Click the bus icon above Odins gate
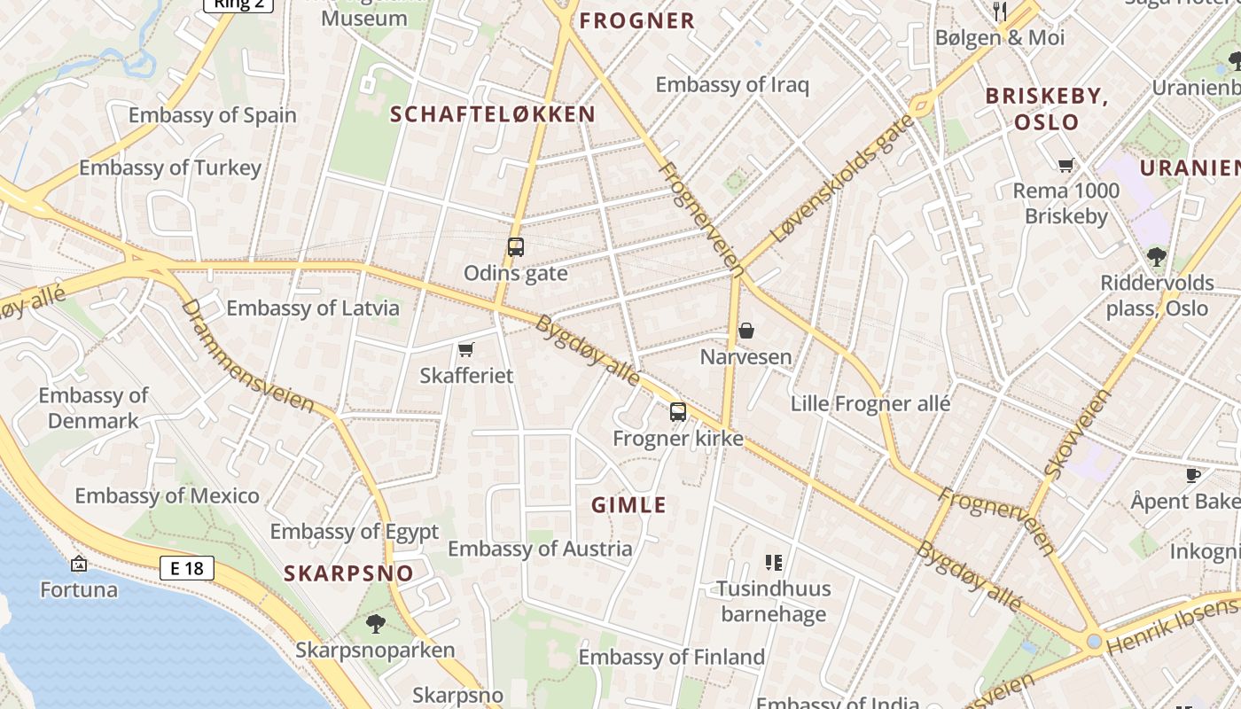click(x=516, y=247)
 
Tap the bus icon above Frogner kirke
click(x=678, y=412)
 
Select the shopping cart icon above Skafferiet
click(x=466, y=350)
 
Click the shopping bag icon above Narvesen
click(x=746, y=331)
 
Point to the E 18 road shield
click(x=187, y=568)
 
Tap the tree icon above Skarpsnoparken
click(x=376, y=623)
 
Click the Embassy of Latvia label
click(x=313, y=308)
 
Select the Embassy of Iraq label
click(x=732, y=85)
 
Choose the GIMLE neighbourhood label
click(x=628, y=505)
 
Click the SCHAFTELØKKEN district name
click(x=493, y=114)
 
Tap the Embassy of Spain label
click(x=213, y=115)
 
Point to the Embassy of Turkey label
click(x=170, y=168)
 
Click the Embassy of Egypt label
click(x=355, y=532)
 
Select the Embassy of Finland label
click(x=672, y=657)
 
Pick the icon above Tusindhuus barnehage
click(x=774, y=563)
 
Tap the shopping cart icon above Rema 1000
click(x=1066, y=165)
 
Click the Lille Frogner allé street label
click(x=870, y=404)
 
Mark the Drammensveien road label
click(x=247, y=355)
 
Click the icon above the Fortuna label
click(x=79, y=564)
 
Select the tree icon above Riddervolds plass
click(x=1156, y=258)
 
